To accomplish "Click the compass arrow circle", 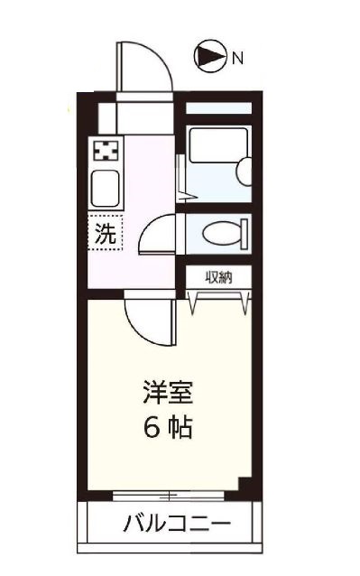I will pos(208,59).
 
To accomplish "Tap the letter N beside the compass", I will pos(238,60).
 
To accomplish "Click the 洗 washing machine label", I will pos(105,235).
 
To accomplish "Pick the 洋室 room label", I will pos(167,394).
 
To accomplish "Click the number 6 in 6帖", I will pos(151,427).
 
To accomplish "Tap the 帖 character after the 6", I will pos(180,427).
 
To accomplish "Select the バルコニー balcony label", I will pos(177,524).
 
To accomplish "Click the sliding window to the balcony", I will pos(168,494).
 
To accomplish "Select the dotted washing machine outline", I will pos(105,235).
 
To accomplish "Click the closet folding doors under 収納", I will pos(218,301).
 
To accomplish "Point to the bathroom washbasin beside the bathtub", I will pos(242,170).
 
